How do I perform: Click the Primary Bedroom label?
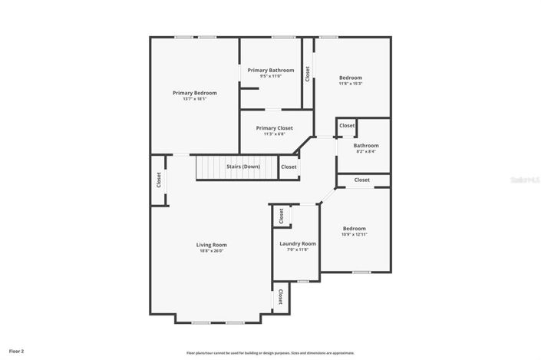(x=194, y=93)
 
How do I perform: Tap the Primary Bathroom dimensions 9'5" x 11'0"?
(x=271, y=76)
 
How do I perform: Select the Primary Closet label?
(x=275, y=128)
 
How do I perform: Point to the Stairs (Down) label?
(x=242, y=167)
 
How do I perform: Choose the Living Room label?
(x=212, y=245)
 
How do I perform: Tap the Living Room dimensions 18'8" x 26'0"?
(x=212, y=250)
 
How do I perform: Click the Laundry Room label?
(x=297, y=243)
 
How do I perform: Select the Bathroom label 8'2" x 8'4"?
(x=366, y=146)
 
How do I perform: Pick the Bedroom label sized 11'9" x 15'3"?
(x=351, y=78)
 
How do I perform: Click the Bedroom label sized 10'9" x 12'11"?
(x=354, y=229)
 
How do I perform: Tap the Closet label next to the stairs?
(x=289, y=167)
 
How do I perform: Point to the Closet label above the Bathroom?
(x=347, y=125)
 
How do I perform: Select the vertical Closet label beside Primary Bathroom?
(x=307, y=74)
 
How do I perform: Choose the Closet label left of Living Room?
(x=159, y=180)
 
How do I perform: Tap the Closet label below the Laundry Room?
(x=281, y=296)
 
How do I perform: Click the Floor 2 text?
(x=16, y=350)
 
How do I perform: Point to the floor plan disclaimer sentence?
(x=271, y=353)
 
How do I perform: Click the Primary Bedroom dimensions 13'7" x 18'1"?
(x=194, y=98)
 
